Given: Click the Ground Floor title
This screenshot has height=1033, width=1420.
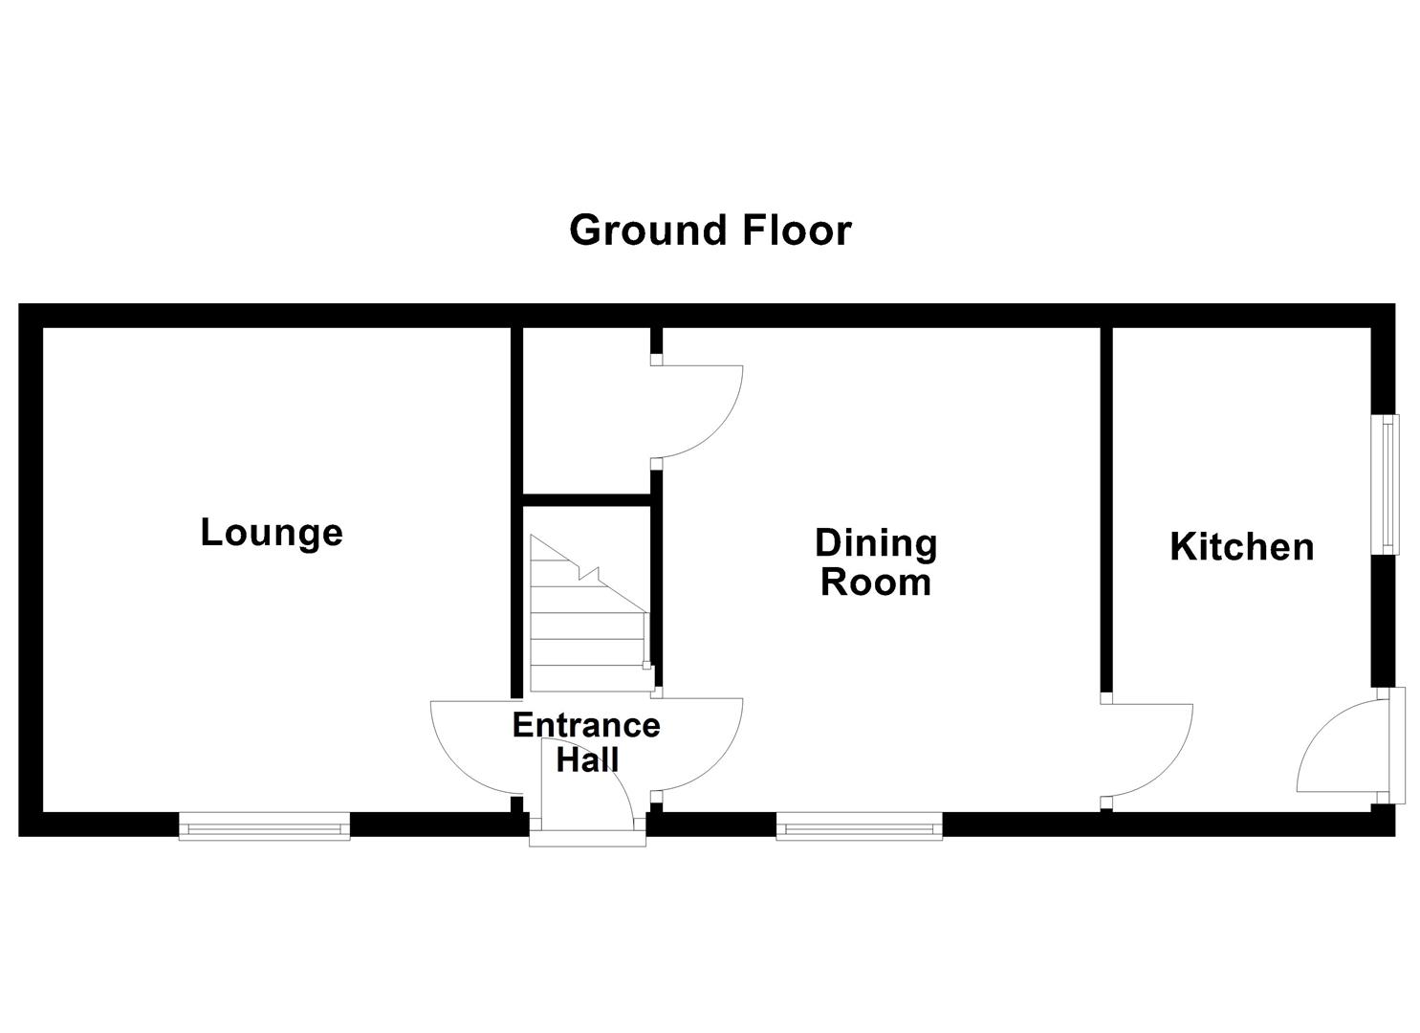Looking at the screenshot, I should [x=710, y=231].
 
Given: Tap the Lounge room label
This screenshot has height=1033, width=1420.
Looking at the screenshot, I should [x=272, y=533].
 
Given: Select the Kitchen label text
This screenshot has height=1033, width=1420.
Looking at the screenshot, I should [x=1241, y=547].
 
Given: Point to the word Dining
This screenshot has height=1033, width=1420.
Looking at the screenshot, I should [x=876, y=543].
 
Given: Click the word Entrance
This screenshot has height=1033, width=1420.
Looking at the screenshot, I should [x=586, y=725].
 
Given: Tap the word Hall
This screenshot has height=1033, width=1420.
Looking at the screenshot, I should [x=588, y=760].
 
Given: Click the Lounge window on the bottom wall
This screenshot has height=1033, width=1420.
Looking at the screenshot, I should [x=265, y=825].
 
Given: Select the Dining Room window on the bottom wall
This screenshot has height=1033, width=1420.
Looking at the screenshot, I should [x=859, y=825].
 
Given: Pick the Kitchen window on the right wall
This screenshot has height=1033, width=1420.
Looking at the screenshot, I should [x=1384, y=484].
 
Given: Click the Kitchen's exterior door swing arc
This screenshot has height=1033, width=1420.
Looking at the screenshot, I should [x=1334, y=746].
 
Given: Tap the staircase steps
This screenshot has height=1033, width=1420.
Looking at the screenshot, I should [x=585, y=622].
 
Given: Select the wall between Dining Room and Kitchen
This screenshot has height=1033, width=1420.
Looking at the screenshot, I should [x=1106, y=507].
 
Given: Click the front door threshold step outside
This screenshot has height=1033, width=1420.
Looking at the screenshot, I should [x=588, y=839].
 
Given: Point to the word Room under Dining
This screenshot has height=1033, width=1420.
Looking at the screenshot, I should [x=876, y=582].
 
